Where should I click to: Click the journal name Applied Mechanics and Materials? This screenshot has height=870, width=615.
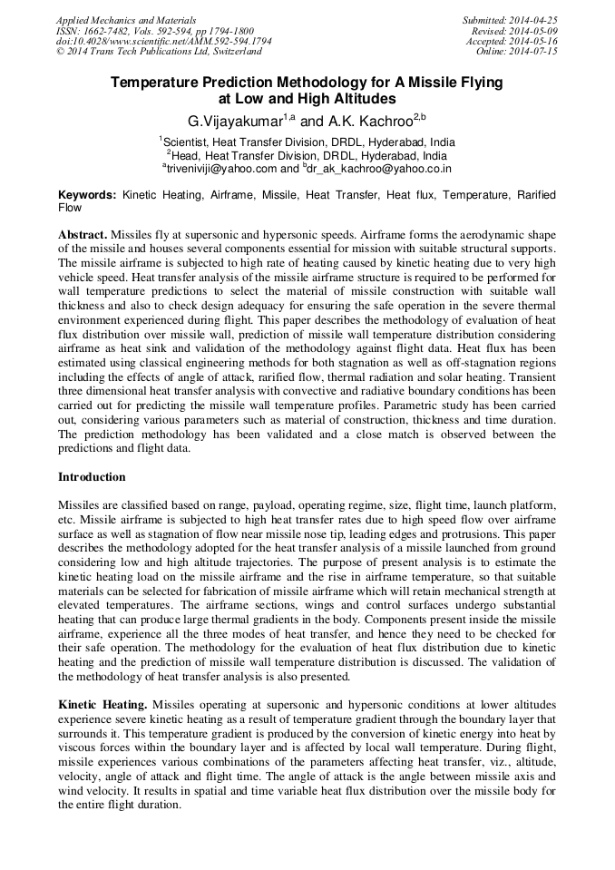click(125, 20)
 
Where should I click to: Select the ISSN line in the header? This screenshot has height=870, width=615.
click(154, 31)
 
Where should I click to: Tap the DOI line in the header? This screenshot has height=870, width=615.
click(163, 42)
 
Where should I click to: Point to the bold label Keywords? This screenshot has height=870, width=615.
click(87, 195)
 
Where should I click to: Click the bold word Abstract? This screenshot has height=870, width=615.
click(83, 234)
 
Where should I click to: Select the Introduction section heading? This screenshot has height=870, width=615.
click(92, 476)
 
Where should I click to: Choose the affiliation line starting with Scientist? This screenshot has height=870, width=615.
click(307, 142)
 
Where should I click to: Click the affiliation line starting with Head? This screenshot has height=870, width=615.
click(307, 155)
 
